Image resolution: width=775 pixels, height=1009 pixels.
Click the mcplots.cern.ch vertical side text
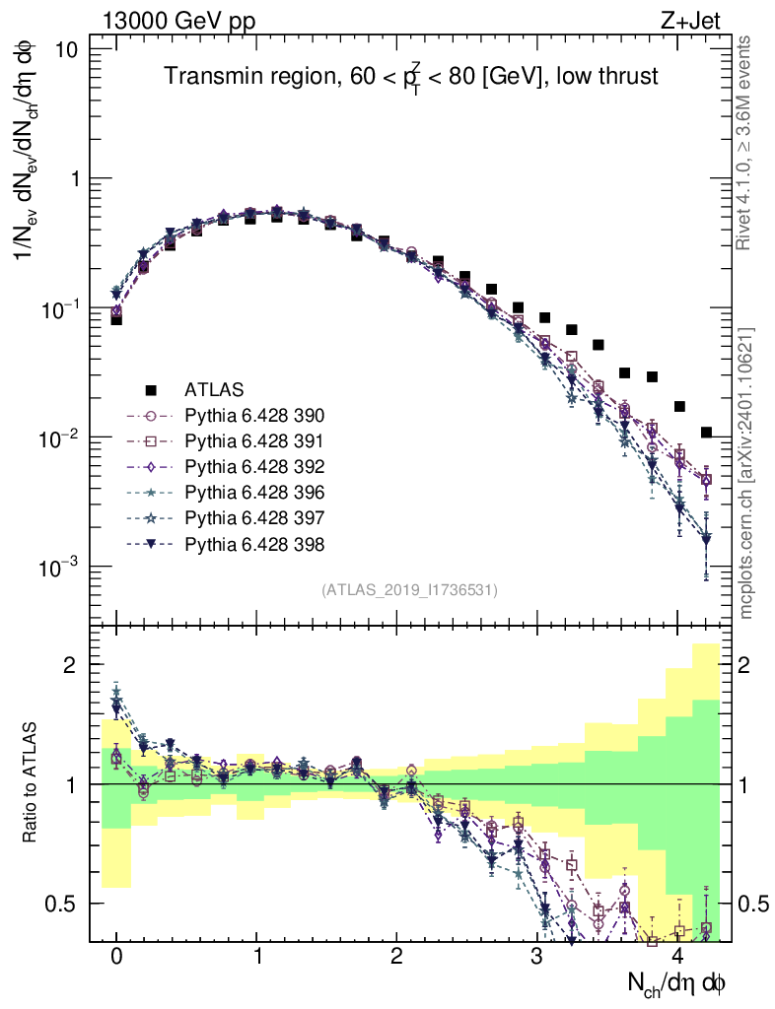click(746, 473)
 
